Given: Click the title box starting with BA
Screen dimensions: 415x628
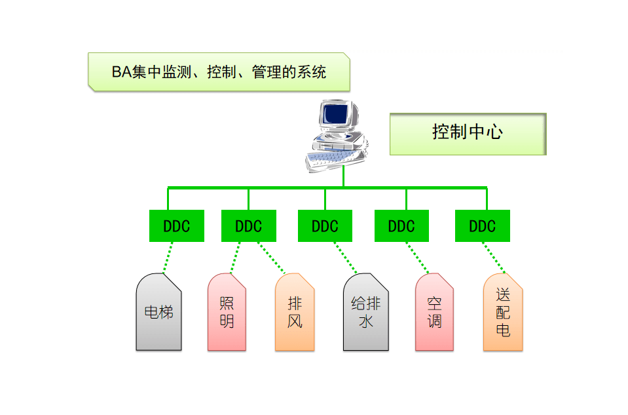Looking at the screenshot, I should point(219,71).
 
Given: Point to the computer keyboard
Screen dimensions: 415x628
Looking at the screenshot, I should point(327,157).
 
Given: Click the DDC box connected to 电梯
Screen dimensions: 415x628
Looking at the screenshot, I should point(177,226).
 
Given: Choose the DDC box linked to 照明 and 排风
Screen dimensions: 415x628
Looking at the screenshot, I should point(249,226).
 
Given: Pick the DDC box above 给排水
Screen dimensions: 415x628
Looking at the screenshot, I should point(325,226).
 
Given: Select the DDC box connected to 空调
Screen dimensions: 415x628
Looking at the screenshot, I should point(401,226).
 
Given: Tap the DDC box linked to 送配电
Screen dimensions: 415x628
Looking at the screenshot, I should point(483,226).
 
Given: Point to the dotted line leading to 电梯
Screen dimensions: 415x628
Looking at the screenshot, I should point(168,257).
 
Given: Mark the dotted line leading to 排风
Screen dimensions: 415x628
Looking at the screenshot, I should point(271,258).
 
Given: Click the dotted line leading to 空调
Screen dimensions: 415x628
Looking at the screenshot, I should point(416,258).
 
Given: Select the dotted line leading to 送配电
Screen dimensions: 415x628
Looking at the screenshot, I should point(494,258).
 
